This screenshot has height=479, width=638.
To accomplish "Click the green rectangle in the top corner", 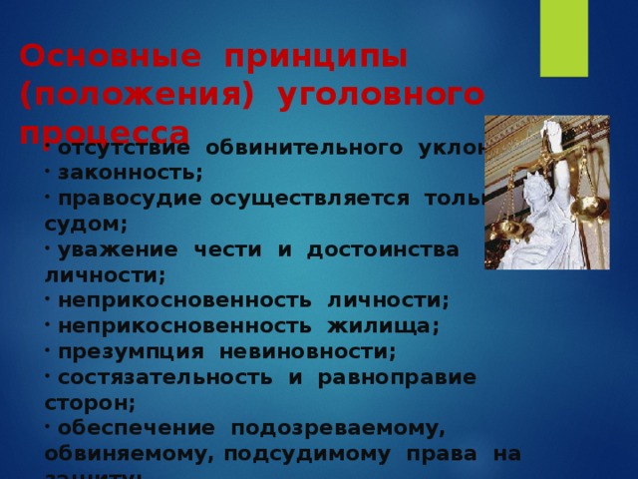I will click(563, 38).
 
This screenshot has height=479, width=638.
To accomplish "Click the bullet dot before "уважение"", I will click(49, 247).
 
